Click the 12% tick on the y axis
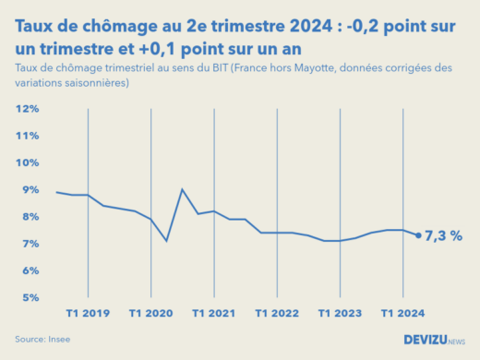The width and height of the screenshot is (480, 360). [x=26, y=109]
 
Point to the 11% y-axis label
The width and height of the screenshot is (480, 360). [x=26, y=136]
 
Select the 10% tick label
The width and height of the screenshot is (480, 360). [x=26, y=162]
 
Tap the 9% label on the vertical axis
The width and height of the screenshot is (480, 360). [x=29, y=190]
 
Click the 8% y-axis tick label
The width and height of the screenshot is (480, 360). [x=29, y=217]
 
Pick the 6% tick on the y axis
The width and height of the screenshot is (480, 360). [x=29, y=270]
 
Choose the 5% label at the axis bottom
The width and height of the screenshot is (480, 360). [x=29, y=297]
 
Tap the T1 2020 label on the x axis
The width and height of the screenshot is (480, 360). [x=150, y=314]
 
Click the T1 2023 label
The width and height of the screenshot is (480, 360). [x=340, y=314]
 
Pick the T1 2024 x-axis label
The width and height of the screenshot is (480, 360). [x=402, y=314]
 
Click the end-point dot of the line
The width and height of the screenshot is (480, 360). [x=418, y=235]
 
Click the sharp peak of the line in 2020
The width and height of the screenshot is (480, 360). [x=182, y=189]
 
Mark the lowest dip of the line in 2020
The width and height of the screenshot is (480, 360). [x=166, y=241]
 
